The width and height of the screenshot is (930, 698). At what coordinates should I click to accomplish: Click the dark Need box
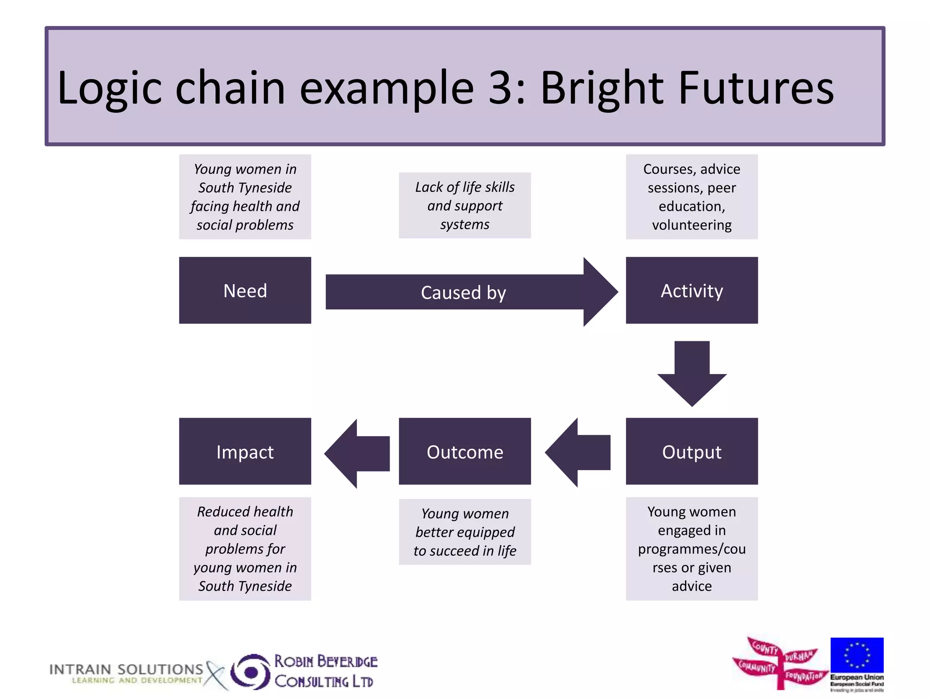point(245,290)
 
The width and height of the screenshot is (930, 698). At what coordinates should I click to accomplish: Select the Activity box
point(691,290)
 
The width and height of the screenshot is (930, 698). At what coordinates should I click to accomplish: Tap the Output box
point(691,451)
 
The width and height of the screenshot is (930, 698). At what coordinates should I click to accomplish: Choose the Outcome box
point(465,451)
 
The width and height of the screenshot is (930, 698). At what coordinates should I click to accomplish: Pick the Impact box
point(245,451)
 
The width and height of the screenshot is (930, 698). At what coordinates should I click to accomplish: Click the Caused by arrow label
point(463,292)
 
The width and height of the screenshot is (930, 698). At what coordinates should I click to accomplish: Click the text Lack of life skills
point(465,187)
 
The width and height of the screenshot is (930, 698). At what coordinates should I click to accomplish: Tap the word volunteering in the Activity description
point(692,225)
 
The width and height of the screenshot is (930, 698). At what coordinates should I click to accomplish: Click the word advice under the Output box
point(692,586)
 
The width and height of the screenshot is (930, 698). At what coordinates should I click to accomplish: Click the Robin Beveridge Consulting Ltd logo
point(304,672)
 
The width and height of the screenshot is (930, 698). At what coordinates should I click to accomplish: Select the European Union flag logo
point(856,655)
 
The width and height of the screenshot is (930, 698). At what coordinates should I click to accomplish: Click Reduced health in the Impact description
point(245,512)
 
